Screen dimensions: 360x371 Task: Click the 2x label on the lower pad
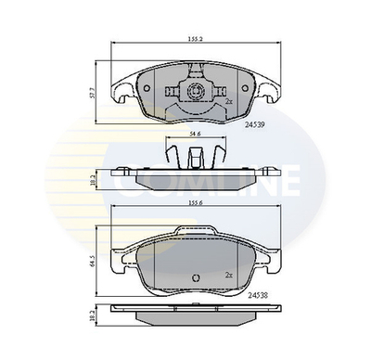point(227,276)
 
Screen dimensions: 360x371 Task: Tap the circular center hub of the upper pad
point(195,92)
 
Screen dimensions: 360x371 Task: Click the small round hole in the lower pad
point(196,279)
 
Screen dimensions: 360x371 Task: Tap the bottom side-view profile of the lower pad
point(195,316)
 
